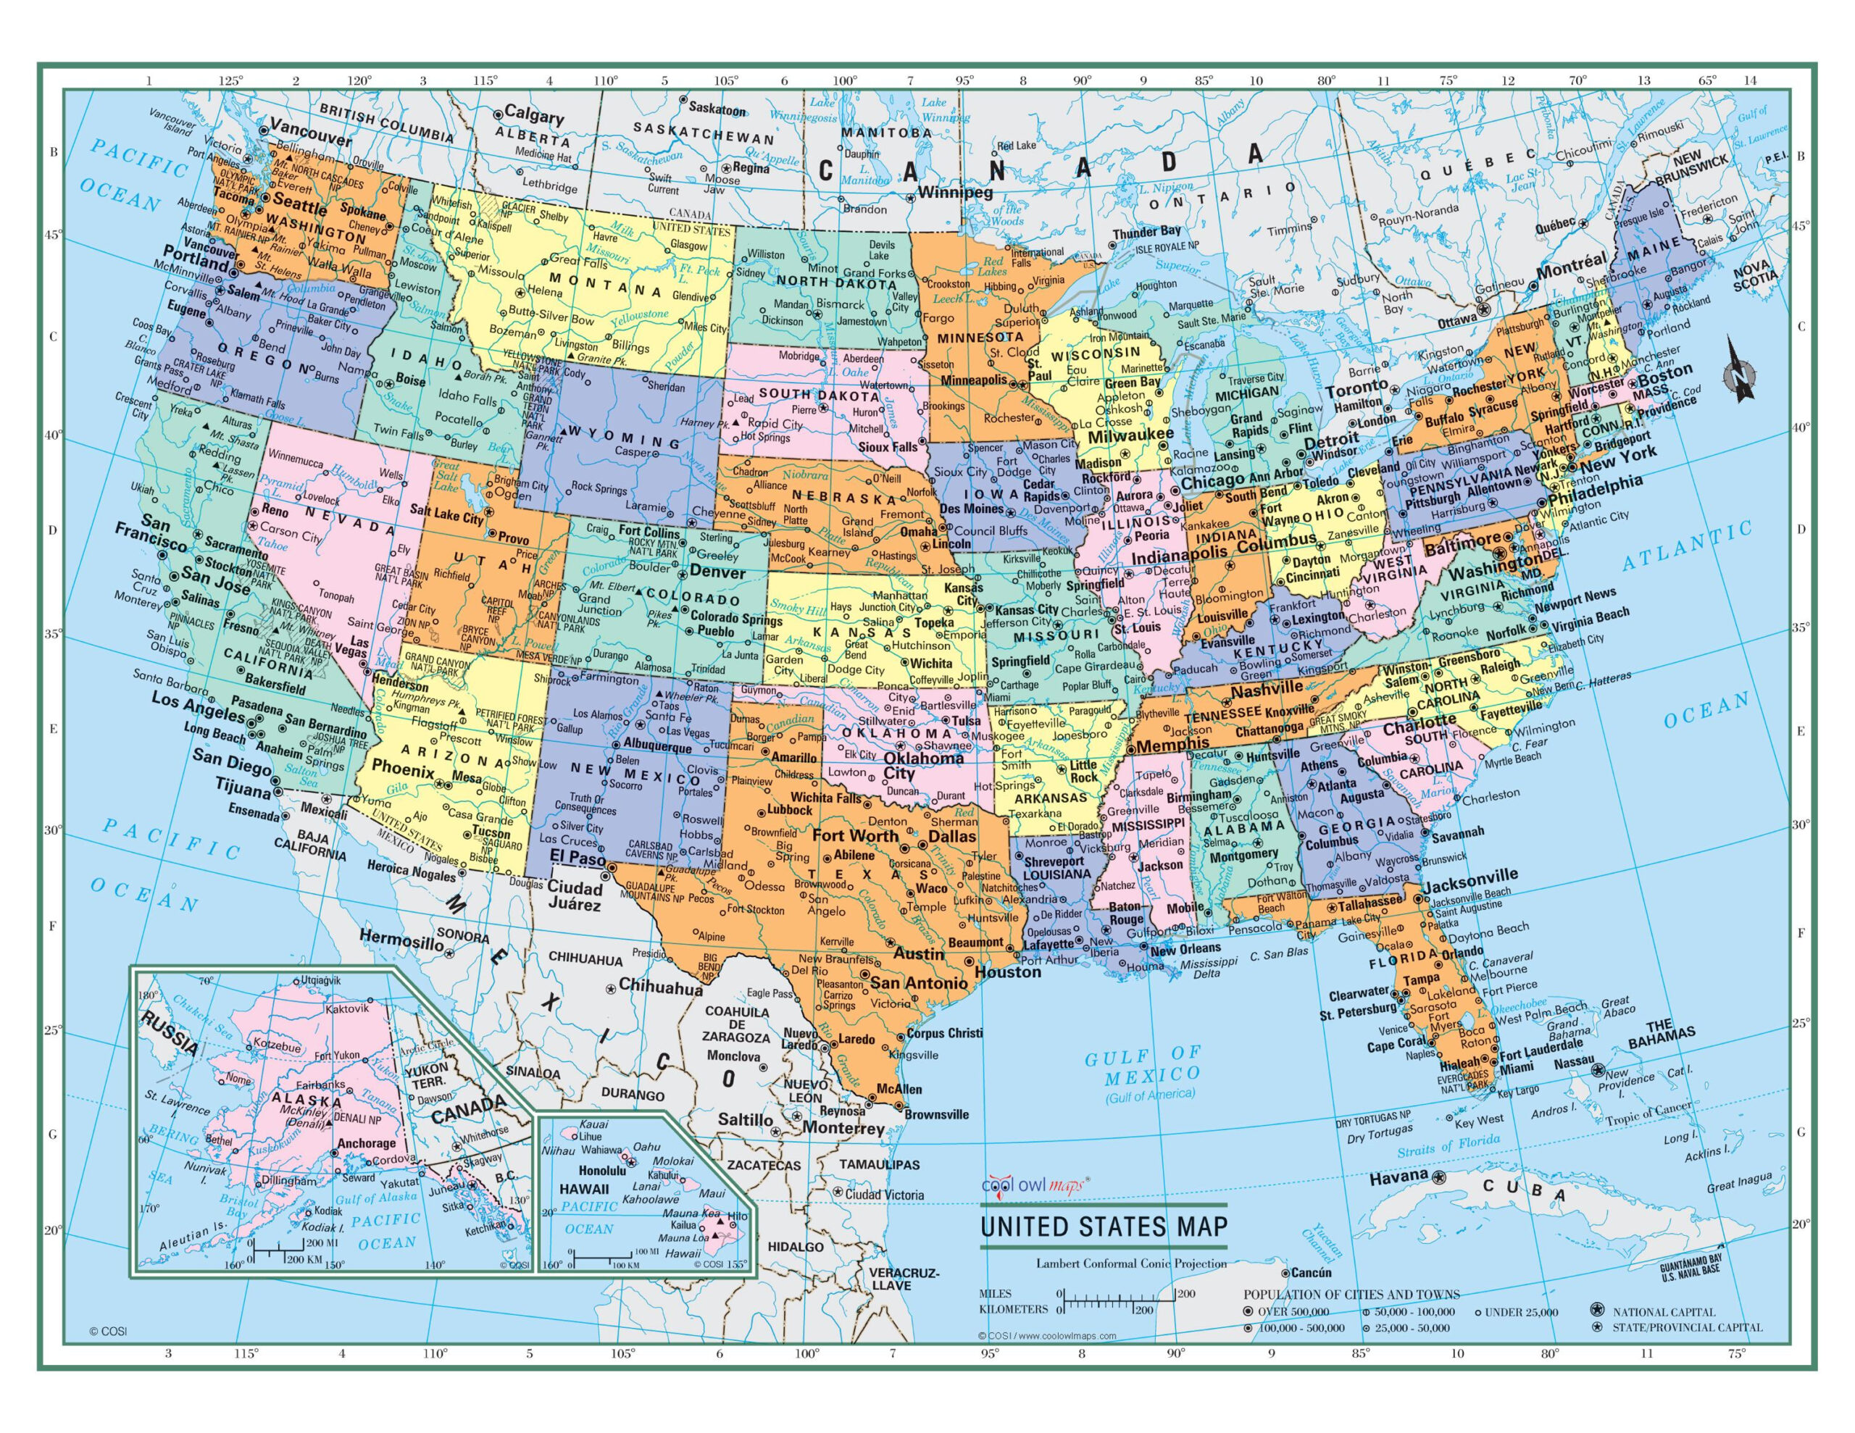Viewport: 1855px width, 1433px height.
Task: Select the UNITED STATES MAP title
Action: click(x=1104, y=1227)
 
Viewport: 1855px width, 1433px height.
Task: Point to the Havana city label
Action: click(x=1398, y=1176)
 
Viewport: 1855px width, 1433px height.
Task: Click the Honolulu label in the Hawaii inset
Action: click(x=579, y=1171)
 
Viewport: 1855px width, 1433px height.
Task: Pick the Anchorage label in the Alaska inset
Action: click(x=367, y=1143)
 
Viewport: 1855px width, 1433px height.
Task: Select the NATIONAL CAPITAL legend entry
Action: click(x=1664, y=1311)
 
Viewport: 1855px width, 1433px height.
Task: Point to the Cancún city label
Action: click(x=1312, y=1272)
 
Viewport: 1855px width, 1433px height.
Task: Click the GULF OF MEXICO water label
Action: click(x=1144, y=1067)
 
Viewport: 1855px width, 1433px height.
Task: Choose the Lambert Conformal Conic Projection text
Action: click(x=1130, y=1263)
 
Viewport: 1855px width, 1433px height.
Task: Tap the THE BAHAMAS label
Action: click(x=1661, y=1034)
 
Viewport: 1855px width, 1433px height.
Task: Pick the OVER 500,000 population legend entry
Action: click(x=1293, y=1311)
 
